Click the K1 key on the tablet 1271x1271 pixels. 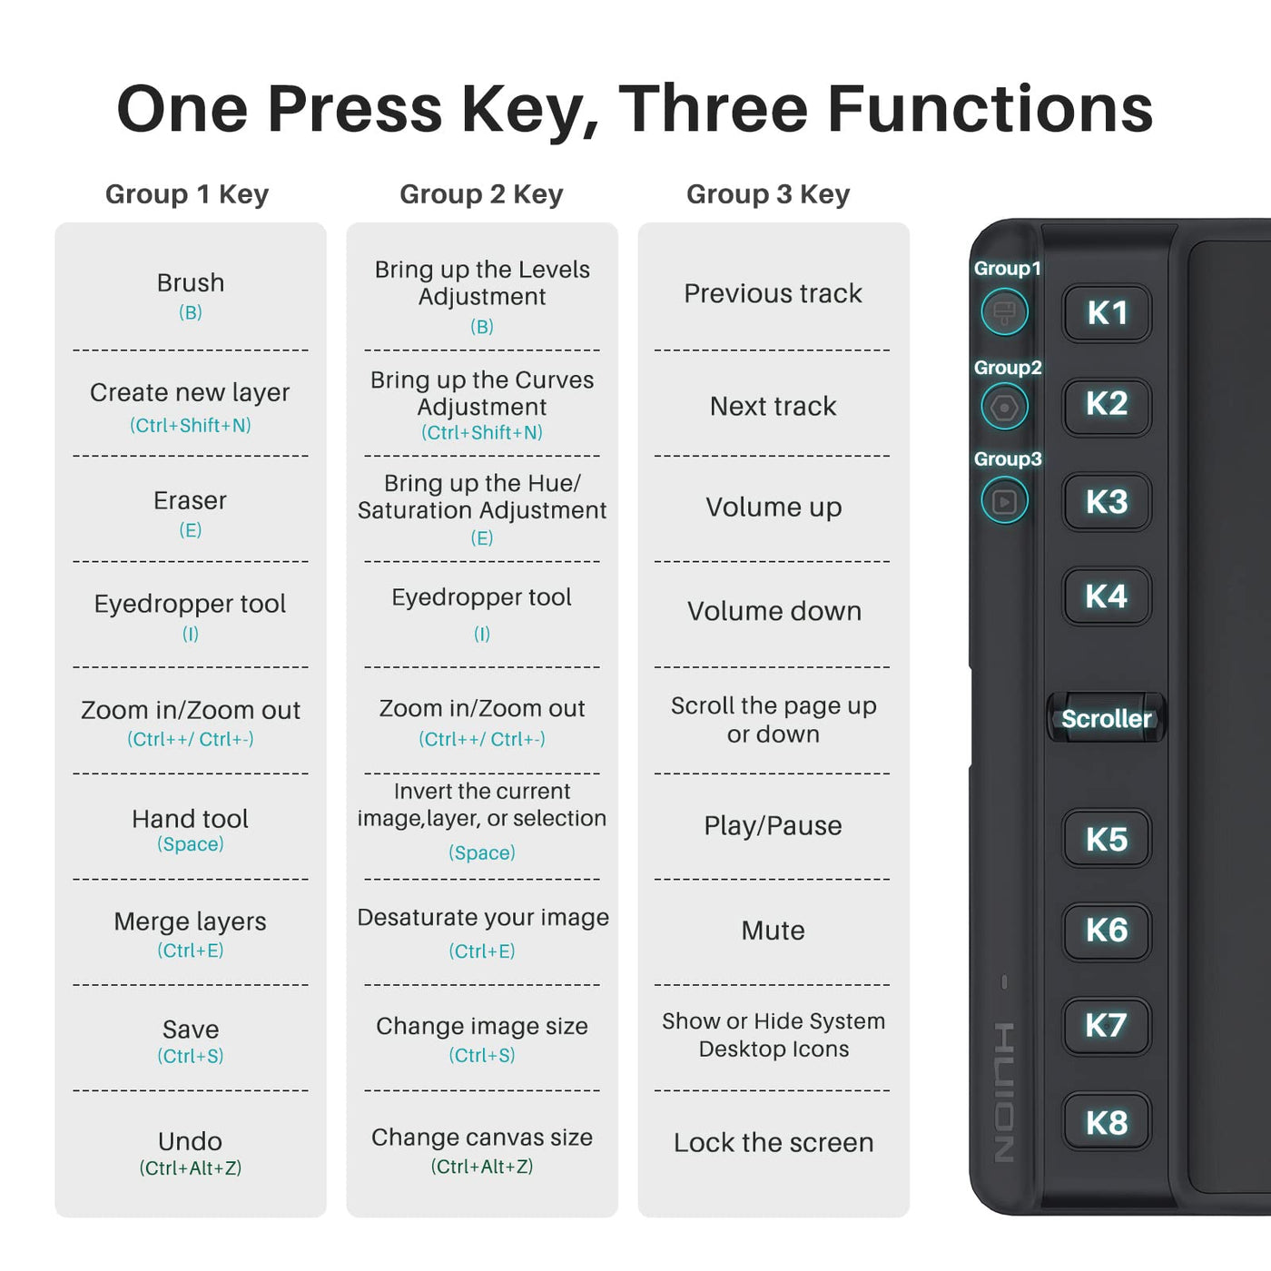1107,312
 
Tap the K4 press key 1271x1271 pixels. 1107,596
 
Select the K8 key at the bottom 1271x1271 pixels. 1107,1122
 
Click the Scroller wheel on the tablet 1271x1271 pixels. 1106,717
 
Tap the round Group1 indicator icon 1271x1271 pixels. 1004,312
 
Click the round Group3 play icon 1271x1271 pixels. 1004,501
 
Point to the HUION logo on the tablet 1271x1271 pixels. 1004,1092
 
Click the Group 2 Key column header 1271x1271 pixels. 481,194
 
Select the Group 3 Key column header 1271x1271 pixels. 768,194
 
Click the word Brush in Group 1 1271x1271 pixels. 191,283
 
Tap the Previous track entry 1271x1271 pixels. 773,293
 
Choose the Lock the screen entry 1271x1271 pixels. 773,1142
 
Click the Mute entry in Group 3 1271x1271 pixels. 773,931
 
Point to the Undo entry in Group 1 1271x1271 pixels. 191,1141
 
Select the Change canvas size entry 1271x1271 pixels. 482,1138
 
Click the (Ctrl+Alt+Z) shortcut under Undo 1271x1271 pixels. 191,1168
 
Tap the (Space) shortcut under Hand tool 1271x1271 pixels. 191,844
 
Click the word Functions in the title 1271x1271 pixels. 990,109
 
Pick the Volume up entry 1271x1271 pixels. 773,507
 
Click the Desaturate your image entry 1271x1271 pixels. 483,918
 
